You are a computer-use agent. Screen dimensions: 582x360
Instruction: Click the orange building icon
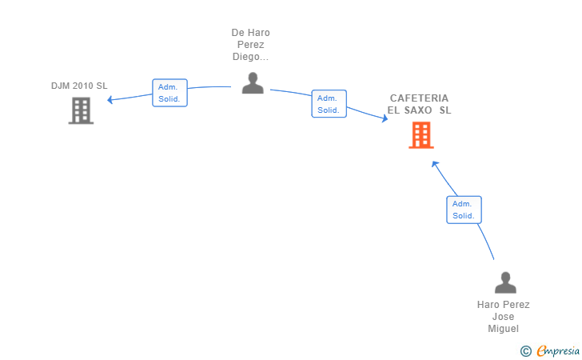[x=421, y=135]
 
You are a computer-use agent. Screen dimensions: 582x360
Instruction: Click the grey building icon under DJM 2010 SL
[x=81, y=110]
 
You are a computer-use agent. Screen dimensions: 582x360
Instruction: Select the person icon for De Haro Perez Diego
[x=253, y=83]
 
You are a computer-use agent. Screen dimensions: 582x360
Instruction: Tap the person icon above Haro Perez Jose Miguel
[x=505, y=282]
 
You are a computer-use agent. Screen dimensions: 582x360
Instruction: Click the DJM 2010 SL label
[x=79, y=86]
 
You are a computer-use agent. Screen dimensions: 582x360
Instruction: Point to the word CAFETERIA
[x=419, y=98]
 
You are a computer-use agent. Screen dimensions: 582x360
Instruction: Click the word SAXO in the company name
[x=418, y=110]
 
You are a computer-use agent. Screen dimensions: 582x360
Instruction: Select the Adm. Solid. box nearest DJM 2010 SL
[x=169, y=93]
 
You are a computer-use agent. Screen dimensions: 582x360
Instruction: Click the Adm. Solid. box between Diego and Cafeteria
[x=329, y=104]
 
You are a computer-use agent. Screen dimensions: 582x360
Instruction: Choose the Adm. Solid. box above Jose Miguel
[x=464, y=210]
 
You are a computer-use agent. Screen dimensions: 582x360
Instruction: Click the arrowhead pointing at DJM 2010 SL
[x=110, y=99]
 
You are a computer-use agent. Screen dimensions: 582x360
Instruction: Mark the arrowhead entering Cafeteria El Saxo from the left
[x=385, y=118]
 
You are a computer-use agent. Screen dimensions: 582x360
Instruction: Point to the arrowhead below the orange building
[x=435, y=164]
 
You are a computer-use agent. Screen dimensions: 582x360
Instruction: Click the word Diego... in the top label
[x=250, y=57]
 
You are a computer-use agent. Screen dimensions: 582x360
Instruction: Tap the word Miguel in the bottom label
[x=504, y=329]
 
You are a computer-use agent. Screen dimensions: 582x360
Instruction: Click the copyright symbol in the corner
[x=525, y=351]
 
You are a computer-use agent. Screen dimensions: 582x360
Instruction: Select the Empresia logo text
[x=558, y=350]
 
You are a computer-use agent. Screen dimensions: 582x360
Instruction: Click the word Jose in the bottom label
[x=504, y=317]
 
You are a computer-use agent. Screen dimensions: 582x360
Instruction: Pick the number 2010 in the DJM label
[x=83, y=86]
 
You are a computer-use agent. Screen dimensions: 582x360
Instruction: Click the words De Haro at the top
[x=250, y=33]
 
